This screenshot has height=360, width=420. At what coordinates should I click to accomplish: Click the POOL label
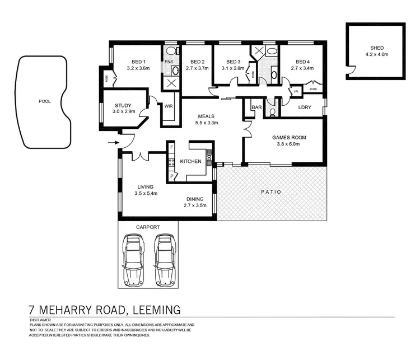click(x=44, y=102)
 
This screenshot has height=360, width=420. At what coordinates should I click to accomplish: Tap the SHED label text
click(x=377, y=48)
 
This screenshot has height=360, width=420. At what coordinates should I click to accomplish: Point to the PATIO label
click(x=271, y=192)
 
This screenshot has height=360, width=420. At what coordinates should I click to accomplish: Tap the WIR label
click(x=168, y=105)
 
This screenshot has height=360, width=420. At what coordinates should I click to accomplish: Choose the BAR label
click(x=257, y=106)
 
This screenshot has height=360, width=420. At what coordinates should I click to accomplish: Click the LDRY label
click(x=305, y=107)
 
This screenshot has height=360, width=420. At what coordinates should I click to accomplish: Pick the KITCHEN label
click(x=190, y=161)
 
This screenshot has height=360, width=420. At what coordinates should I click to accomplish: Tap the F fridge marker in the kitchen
click(x=172, y=147)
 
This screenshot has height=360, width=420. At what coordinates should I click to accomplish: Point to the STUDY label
click(x=123, y=105)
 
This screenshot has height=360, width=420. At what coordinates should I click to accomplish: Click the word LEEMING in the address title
click(x=152, y=310)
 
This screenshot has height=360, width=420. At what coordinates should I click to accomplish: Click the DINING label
click(x=195, y=199)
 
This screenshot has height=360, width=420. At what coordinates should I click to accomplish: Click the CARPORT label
click(x=148, y=227)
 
